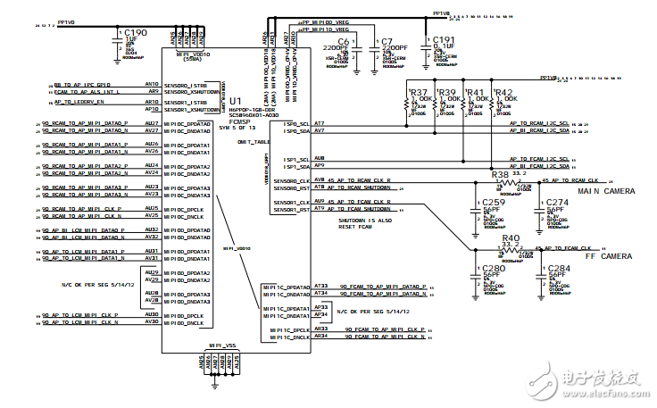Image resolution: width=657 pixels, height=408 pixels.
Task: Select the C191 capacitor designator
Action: [444, 40]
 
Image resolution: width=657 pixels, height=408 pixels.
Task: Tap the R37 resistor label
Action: [418, 93]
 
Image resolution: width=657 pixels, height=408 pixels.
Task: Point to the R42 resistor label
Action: [503, 93]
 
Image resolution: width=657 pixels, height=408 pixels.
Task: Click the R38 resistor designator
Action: [501, 173]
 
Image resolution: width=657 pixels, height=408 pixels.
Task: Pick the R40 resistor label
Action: [511, 238]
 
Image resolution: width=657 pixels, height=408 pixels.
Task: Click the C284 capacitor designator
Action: [559, 268]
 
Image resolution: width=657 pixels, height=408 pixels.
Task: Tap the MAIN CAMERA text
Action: [607, 191]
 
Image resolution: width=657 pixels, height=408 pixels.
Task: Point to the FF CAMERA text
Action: [610, 256]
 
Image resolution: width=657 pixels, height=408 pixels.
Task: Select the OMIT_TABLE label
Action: [253, 142]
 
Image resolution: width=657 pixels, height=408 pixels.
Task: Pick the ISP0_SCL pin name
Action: [296, 122]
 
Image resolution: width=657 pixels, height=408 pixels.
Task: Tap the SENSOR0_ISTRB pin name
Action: [186, 83]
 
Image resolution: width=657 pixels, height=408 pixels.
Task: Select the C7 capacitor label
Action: [387, 41]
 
